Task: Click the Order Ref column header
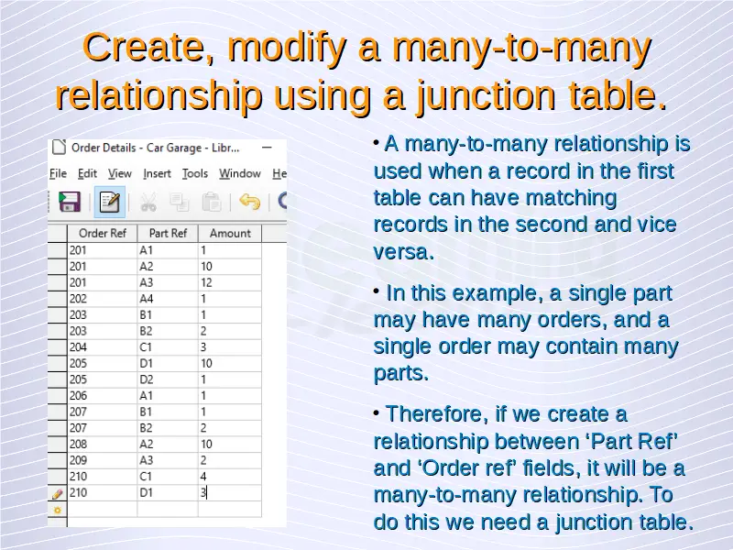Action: (103, 233)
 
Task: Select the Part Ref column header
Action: (168, 233)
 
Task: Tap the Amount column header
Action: (230, 233)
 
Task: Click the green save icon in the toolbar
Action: (70, 202)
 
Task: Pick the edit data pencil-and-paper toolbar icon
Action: (109, 202)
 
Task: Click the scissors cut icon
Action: (148, 203)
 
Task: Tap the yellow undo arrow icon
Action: (249, 202)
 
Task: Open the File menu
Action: (58, 173)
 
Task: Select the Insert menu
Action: (157, 173)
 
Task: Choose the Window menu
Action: (240, 173)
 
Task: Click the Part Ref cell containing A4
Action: (168, 299)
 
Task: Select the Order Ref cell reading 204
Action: (103, 347)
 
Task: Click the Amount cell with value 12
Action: (230, 282)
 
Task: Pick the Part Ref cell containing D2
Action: (168, 379)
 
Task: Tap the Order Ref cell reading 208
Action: (103, 444)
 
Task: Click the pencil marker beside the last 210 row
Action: (58, 493)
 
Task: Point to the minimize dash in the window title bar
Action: (267, 148)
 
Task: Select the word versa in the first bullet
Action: (403, 252)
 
